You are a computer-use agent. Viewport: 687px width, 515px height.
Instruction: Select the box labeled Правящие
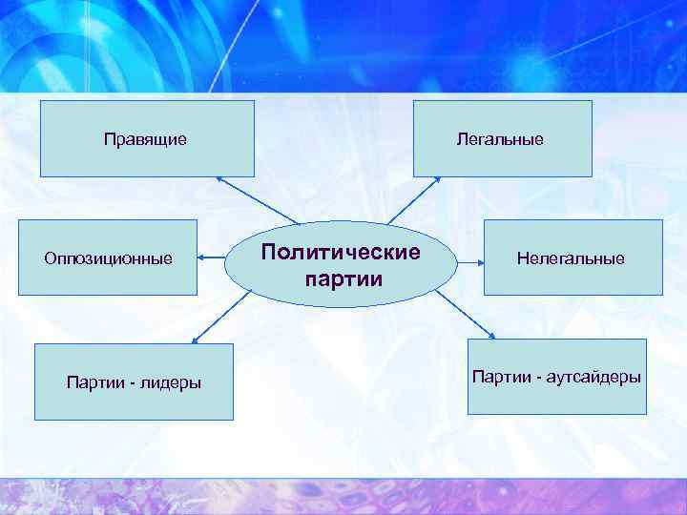tap(147, 139)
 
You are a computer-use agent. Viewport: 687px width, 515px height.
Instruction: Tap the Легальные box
tap(502, 139)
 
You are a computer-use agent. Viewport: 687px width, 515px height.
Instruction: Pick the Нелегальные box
tap(572, 257)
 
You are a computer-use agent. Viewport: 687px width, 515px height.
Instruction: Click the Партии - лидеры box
tap(134, 381)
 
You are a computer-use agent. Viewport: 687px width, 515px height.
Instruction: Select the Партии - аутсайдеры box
tap(556, 377)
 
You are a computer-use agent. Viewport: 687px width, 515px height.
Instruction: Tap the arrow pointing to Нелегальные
tap(468, 257)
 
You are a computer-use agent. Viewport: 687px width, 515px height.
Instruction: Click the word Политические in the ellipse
tap(340, 253)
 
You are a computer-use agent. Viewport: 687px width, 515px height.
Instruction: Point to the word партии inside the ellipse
tap(343, 280)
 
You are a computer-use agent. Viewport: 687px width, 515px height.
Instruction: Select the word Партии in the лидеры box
tap(91, 382)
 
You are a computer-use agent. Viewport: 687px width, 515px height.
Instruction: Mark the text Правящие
tap(145, 140)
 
